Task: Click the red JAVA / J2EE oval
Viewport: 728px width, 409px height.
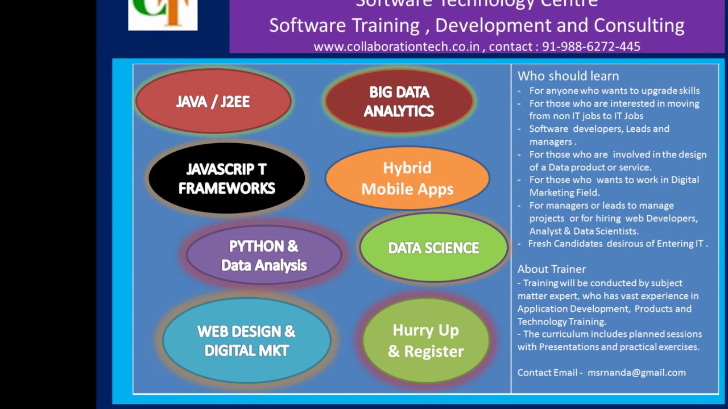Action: (213, 101)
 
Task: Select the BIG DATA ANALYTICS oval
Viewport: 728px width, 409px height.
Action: (399, 101)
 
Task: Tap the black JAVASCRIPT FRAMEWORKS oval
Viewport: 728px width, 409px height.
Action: (226, 178)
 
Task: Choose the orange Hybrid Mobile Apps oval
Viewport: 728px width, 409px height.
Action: (407, 178)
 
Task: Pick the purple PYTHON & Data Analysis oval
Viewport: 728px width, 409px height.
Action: (264, 255)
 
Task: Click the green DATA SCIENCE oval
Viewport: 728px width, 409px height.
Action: (433, 248)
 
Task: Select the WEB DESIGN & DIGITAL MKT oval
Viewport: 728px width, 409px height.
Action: (246, 340)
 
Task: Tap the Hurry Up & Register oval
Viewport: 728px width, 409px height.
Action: (425, 340)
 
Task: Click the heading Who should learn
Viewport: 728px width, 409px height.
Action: (568, 76)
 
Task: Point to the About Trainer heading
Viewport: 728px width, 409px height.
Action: (551, 269)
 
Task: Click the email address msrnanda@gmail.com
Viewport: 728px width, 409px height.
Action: (636, 373)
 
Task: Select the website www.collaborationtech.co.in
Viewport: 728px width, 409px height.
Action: (396, 47)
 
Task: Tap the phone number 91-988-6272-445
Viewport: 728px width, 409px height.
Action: (591, 47)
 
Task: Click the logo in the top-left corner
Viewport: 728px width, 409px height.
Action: (163, 14)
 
